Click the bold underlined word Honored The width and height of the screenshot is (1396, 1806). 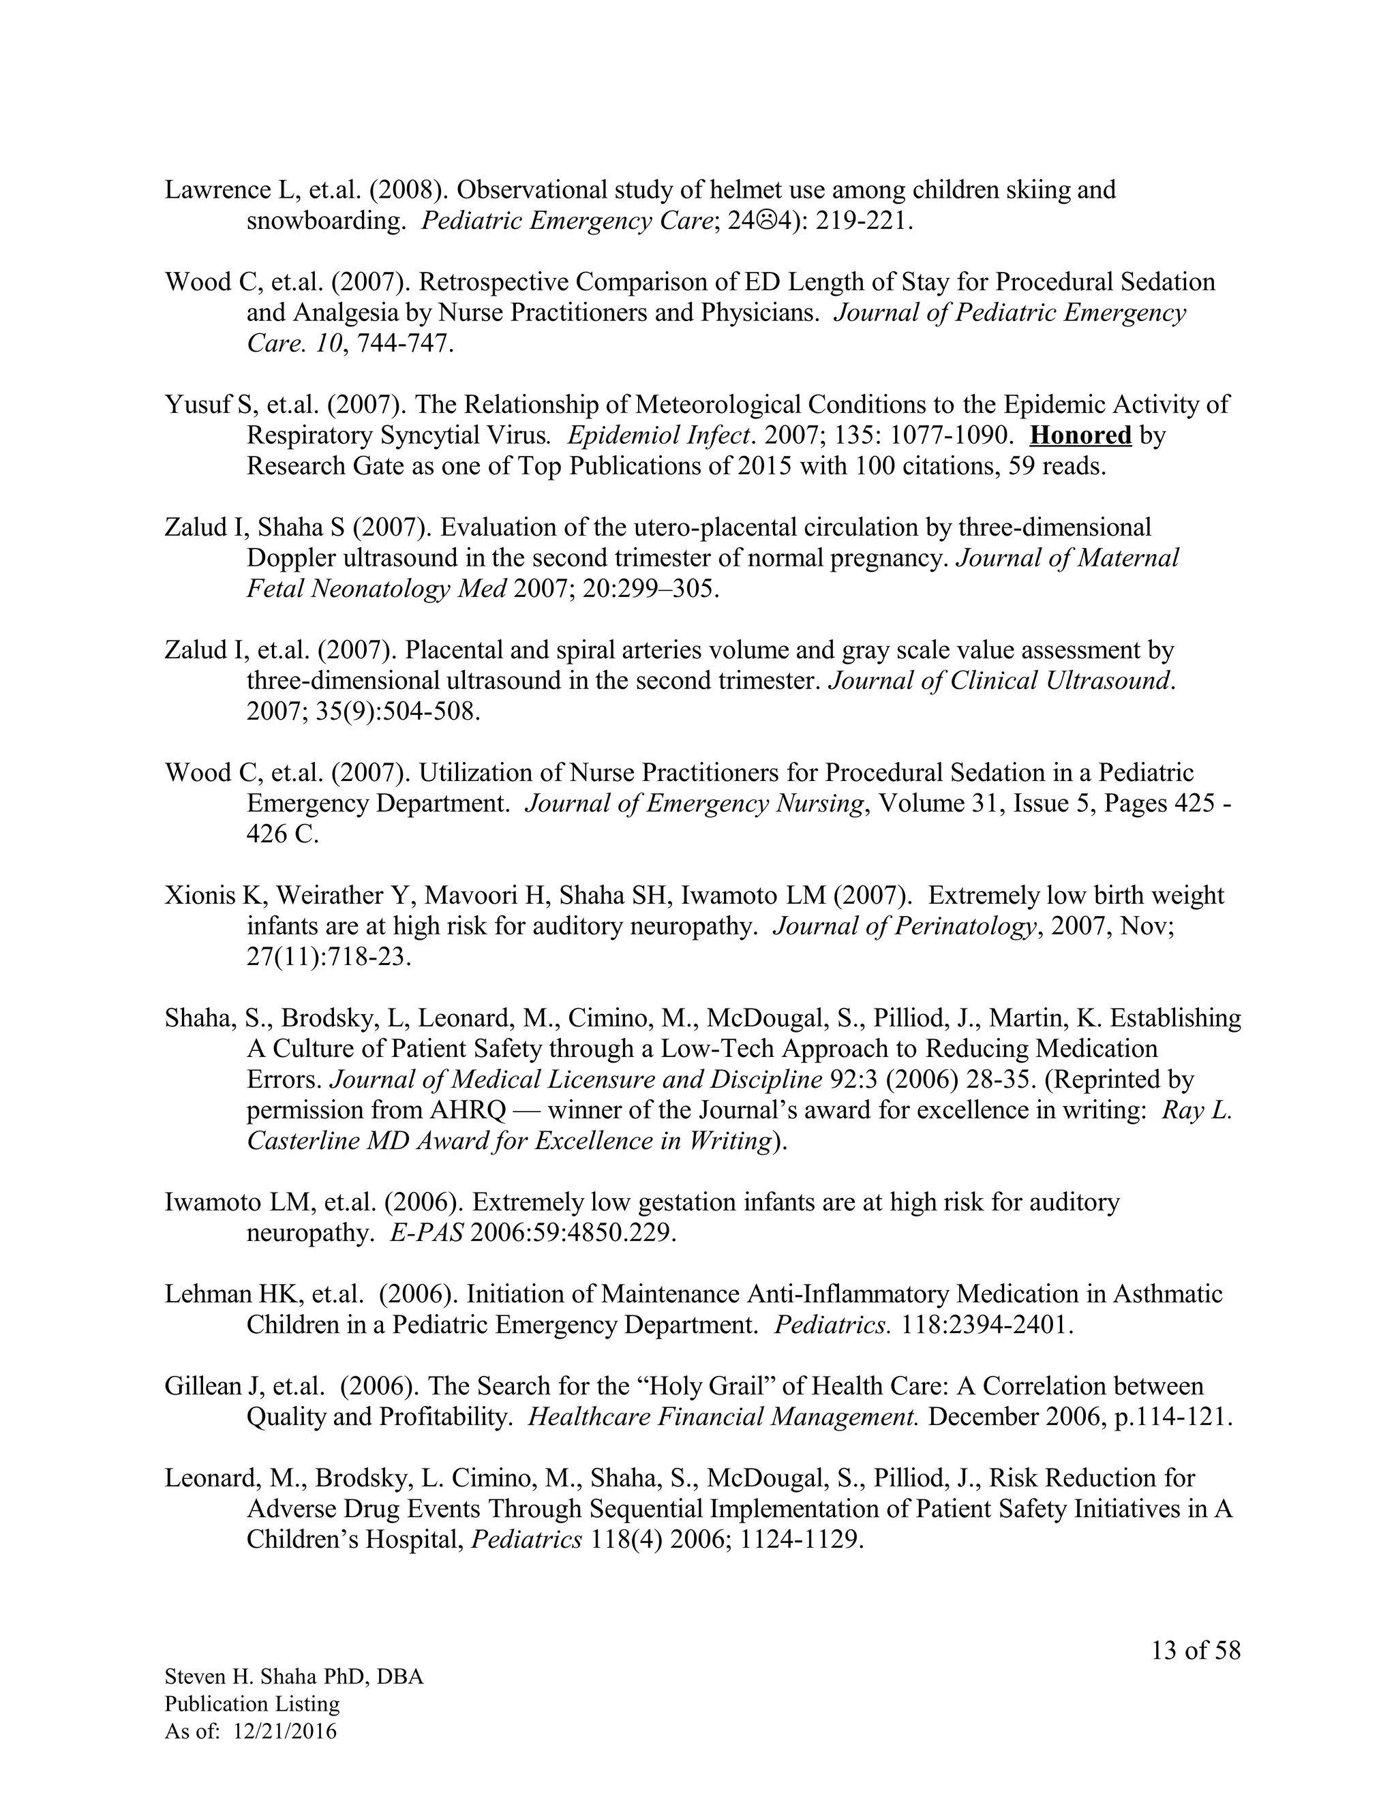1081,435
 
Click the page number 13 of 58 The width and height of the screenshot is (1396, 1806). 1196,1651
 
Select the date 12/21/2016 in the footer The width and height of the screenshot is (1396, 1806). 286,1731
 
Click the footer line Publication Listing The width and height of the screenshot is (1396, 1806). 252,1704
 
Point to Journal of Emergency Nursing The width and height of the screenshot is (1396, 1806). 694,803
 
